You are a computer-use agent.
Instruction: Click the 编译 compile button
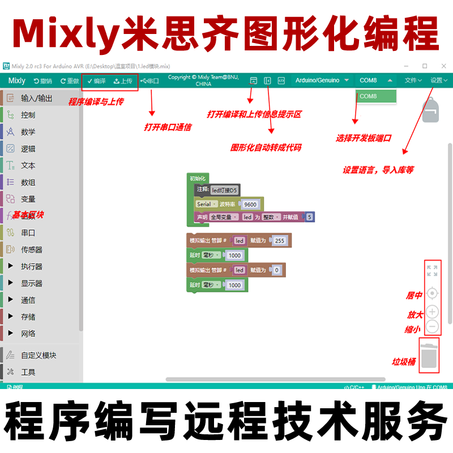96,81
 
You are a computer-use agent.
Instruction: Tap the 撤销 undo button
43,81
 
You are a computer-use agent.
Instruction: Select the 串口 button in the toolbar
150,81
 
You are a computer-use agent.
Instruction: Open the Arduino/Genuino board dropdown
321,80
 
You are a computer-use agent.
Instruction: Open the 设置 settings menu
438,80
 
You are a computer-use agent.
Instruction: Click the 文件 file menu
413,80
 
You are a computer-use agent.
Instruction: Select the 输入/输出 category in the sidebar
36,99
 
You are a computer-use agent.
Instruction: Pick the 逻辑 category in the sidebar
28,149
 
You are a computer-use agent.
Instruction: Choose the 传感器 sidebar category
32,250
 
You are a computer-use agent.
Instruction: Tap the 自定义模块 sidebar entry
39,356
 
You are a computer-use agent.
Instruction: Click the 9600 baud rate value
250,204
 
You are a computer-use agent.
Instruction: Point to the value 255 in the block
279,241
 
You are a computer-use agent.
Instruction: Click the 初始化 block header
198,178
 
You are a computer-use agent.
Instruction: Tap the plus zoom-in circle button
432,312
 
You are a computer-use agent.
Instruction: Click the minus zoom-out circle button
432,327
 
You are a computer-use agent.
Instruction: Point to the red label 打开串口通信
168,127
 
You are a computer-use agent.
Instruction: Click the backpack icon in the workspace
431,109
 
